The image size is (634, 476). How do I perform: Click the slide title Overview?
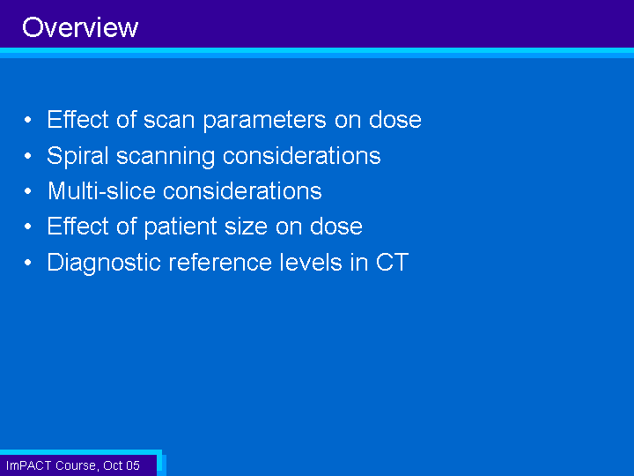80,27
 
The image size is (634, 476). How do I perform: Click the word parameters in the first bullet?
264,121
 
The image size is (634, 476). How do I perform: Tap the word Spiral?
77,156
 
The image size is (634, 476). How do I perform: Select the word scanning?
166,156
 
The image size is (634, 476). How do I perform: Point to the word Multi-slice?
101,190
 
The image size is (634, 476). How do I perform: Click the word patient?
181,227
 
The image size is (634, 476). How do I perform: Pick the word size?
246,227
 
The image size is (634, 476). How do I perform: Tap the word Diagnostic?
104,263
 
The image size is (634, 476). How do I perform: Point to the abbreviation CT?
392,263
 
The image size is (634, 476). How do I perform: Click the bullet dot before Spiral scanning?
27,155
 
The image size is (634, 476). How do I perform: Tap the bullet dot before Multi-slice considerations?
27,190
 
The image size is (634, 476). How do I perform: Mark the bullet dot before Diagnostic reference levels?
27,263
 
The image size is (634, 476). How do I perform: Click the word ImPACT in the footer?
28,465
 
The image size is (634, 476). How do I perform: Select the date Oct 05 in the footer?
122,465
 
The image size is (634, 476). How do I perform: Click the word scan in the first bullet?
169,121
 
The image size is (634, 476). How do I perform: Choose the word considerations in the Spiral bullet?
302,156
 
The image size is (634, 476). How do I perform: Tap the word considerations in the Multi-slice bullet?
242,190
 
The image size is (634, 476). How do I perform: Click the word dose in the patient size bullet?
336,227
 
